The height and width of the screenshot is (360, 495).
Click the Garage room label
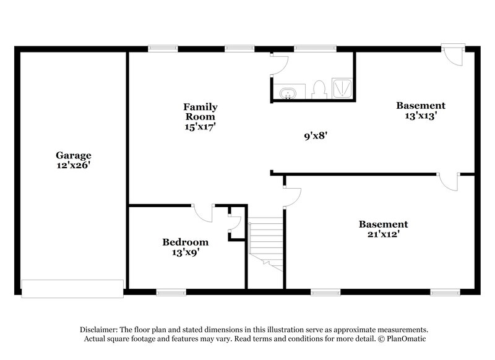pyautogui.click(x=74, y=156)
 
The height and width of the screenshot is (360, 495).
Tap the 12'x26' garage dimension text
pyautogui.click(x=74, y=166)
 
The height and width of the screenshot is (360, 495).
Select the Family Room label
pyautogui.click(x=200, y=111)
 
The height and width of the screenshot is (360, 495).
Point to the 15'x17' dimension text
pyautogui.click(x=200, y=126)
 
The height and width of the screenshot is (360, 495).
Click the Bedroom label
pyautogui.click(x=185, y=242)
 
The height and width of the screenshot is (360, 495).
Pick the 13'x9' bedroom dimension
pyautogui.click(x=185, y=252)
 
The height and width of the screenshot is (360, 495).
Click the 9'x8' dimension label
pyautogui.click(x=314, y=135)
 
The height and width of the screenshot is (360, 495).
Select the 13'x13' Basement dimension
pyautogui.click(x=420, y=116)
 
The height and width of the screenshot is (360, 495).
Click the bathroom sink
pyautogui.click(x=288, y=93)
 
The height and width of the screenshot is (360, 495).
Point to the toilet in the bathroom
pyautogui.click(x=320, y=90)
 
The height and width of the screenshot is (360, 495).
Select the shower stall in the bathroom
pyautogui.click(x=342, y=88)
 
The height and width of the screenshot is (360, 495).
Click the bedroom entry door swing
pyautogui.click(x=203, y=213)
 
